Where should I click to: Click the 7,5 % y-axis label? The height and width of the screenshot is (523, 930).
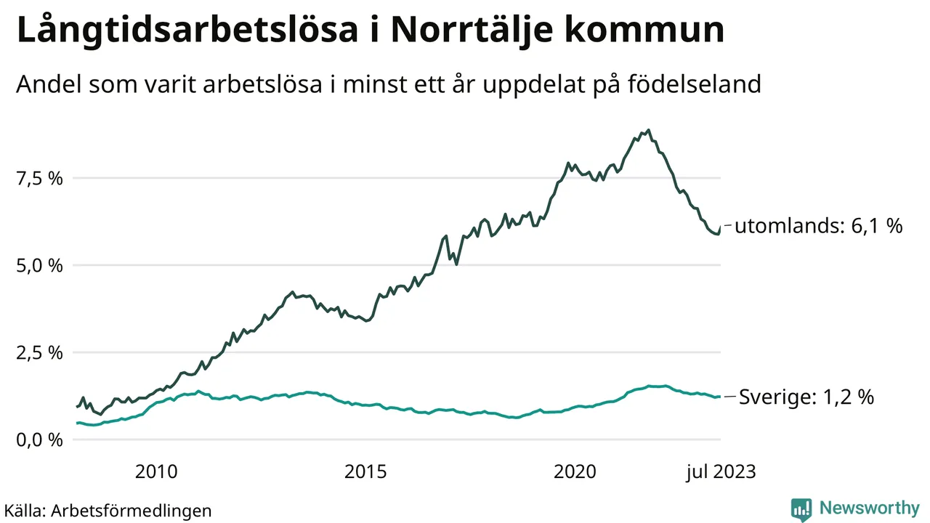(41, 179)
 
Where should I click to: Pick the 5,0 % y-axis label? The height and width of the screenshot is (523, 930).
(41, 266)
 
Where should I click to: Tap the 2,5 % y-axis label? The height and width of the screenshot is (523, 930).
(41, 353)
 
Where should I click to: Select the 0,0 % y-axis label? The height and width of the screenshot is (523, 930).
(41, 440)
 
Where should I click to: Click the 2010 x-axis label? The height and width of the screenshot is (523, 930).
(155, 472)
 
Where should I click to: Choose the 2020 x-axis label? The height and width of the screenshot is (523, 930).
(575, 472)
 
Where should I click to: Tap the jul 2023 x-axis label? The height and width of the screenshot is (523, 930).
(721, 472)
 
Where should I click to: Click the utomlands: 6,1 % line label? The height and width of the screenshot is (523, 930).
(818, 227)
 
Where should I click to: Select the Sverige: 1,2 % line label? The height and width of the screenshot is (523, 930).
(806, 397)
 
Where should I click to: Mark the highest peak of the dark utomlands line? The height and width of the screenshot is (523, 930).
(648, 131)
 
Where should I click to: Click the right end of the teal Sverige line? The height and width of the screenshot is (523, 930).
(719, 397)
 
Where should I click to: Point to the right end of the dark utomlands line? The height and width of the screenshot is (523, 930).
(719, 228)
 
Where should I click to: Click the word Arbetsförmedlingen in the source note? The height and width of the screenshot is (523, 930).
(132, 511)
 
